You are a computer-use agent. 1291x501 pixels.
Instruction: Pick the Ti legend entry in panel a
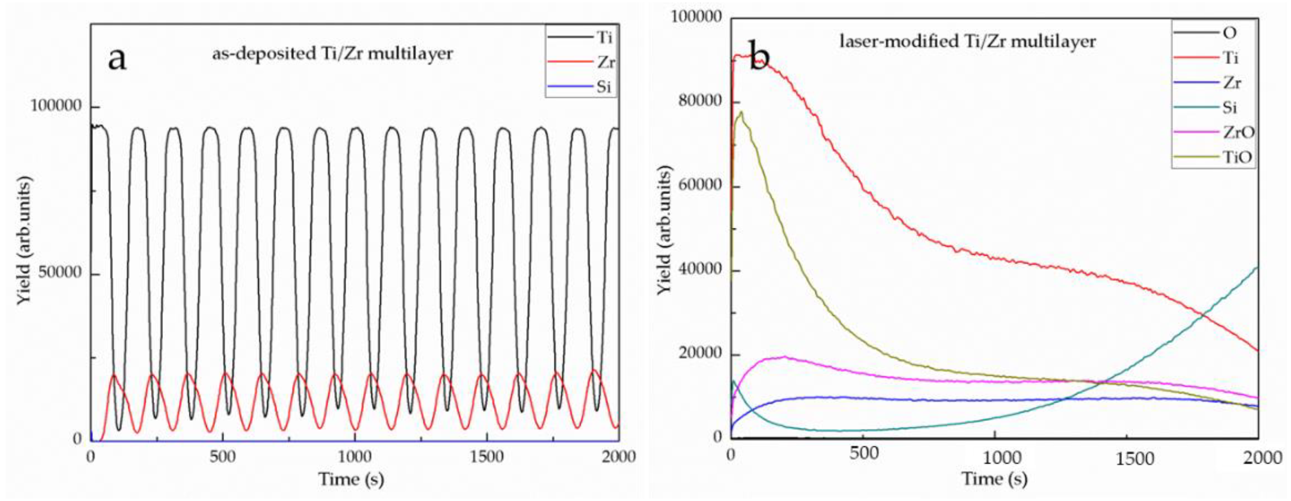pyautogui.click(x=604, y=37)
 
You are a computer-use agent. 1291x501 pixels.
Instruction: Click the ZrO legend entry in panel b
pyautogui.click(x=1238, y=132)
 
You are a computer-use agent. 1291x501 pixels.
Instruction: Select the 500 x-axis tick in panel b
pyautogui.click(x=864, y=454)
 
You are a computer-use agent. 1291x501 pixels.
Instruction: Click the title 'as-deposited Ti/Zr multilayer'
pyautogui.click(x=332, y=53)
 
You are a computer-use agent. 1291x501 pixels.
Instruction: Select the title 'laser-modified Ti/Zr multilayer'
pyautogui.click(x=967, y=41)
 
